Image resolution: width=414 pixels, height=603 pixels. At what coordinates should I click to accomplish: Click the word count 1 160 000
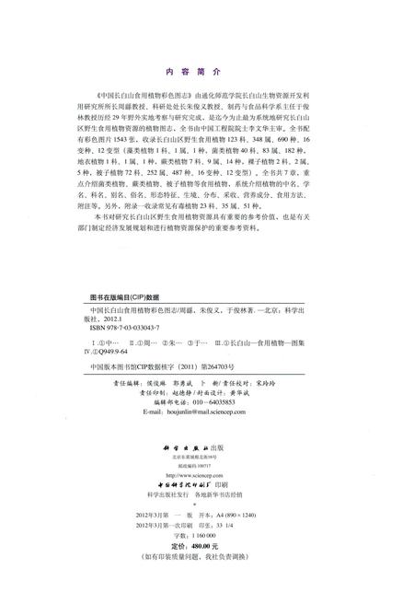(224, 535)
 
